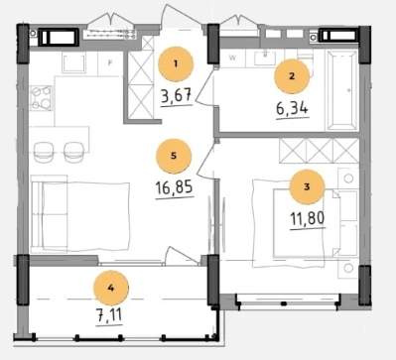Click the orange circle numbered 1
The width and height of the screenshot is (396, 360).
pyautogui.click(x=176, y=64)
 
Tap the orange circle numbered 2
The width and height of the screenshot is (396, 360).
pyautogui.click(x=292, y=76)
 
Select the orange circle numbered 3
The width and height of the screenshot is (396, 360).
pyautogui.click(x=307, y=186)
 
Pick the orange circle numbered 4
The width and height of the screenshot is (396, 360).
pyautogui.click(x=111, y=289)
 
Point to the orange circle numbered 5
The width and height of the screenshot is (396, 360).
pyautogui.click(x=174, y=156)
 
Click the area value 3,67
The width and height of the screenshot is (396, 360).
pyautogui.click(x=177, y=96)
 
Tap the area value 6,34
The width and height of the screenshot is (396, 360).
pyautogui.click(x=292, y=108)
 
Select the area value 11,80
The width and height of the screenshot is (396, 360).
pyautogui.click(x=308, y=218)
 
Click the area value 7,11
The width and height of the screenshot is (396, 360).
pyautogui.click(x=109, y=315)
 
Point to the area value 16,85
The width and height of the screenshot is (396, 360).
pyautogui.click(x=174, y=188)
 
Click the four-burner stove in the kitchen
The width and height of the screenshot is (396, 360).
pyautogui.click(x=41, y=98)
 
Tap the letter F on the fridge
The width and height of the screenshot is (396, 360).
pyautogui.click(x=110, y=63)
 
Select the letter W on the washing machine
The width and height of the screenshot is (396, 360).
pyautogui.click(x=232, y=58)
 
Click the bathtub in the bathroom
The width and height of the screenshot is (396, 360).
pyautogui.click(x=342, y=90)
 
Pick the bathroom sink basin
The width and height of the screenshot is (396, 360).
pyautogui.click(x=265, y=59)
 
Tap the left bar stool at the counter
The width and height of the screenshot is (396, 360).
pyautogui.click(x=45, y=152)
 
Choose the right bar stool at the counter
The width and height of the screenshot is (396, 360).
pyautogui.click(x=73, y=152)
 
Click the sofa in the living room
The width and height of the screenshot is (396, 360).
pyautogui.click(x=50, y=214)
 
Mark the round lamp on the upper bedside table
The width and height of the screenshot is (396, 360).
pyautogui.click(x=348, y=179)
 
